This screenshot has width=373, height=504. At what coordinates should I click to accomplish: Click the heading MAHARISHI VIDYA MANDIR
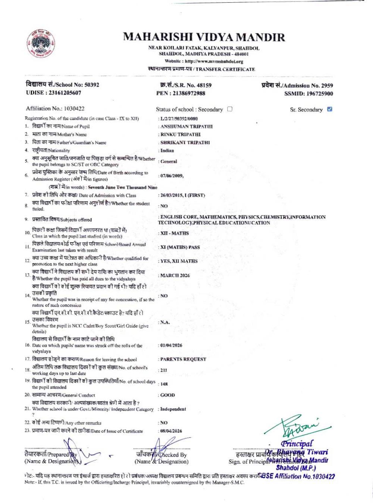204,37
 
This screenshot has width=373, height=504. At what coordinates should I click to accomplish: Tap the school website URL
213,61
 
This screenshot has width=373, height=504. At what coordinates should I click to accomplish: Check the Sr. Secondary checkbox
329,109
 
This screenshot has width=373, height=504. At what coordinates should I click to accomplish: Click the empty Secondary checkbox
230,109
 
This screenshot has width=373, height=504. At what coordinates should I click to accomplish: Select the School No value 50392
92,85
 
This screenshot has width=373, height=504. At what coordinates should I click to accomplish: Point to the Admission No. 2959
327,85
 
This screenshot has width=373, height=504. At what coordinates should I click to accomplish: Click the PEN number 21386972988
188,93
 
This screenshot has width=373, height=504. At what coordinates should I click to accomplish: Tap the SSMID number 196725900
320,94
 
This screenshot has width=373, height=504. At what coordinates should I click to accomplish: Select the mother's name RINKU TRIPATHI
181,134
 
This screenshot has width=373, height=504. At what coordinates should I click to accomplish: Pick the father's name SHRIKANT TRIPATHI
185,143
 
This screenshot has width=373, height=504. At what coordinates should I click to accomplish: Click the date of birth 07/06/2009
172,175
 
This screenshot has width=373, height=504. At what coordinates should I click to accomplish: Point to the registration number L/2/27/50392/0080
179,118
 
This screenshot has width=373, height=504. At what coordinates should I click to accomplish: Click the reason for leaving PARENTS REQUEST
183,359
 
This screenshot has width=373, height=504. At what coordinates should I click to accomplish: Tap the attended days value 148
164,384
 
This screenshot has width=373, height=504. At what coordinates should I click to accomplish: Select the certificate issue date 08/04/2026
171,431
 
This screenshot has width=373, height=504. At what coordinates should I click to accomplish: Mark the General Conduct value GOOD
167,395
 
